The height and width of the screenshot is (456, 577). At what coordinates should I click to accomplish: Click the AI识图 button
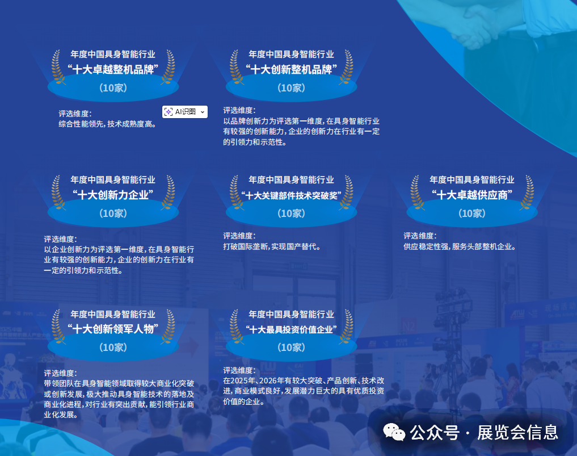(181, 112)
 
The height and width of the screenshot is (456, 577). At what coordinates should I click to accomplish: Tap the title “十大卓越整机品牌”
(113, 70)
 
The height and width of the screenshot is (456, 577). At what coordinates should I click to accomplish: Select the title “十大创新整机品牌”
(291, 70)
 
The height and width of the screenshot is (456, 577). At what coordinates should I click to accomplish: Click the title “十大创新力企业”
(113, 195)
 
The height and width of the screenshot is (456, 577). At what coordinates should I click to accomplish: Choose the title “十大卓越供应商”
(472, 195)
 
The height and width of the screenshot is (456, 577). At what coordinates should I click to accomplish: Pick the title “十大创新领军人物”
(113, 329)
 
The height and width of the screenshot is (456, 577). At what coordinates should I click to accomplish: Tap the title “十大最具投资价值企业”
(291, 330)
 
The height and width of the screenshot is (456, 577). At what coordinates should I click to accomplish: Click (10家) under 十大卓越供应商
(472, 214)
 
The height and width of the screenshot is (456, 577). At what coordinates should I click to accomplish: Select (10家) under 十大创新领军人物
(113, 348)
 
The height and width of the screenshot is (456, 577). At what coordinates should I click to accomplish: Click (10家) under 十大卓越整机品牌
(113, 88)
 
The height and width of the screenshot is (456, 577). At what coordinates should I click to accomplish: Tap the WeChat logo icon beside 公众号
(394, 433)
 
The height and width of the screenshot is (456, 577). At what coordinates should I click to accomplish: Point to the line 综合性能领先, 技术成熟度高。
(108, 124)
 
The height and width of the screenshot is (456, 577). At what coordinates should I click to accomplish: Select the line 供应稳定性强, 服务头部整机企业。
(460, 247)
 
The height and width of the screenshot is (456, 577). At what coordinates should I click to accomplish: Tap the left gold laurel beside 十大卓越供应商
(418, 193)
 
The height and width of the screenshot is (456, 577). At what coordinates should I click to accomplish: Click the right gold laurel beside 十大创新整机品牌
(346, 68)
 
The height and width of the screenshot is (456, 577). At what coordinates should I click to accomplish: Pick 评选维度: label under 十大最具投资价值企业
(239, 370)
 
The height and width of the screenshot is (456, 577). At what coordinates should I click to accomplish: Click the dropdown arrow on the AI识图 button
(203, 112)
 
